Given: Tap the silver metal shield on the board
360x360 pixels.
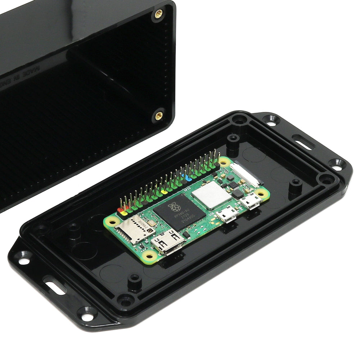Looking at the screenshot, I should (211, 195).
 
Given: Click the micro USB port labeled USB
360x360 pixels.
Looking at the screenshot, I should (228, 215).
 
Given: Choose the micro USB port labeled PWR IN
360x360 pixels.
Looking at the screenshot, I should (251, 202).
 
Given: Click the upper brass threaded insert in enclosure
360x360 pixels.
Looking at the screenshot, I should (158, 14).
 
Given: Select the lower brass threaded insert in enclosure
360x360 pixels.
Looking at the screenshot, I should (158, 116).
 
